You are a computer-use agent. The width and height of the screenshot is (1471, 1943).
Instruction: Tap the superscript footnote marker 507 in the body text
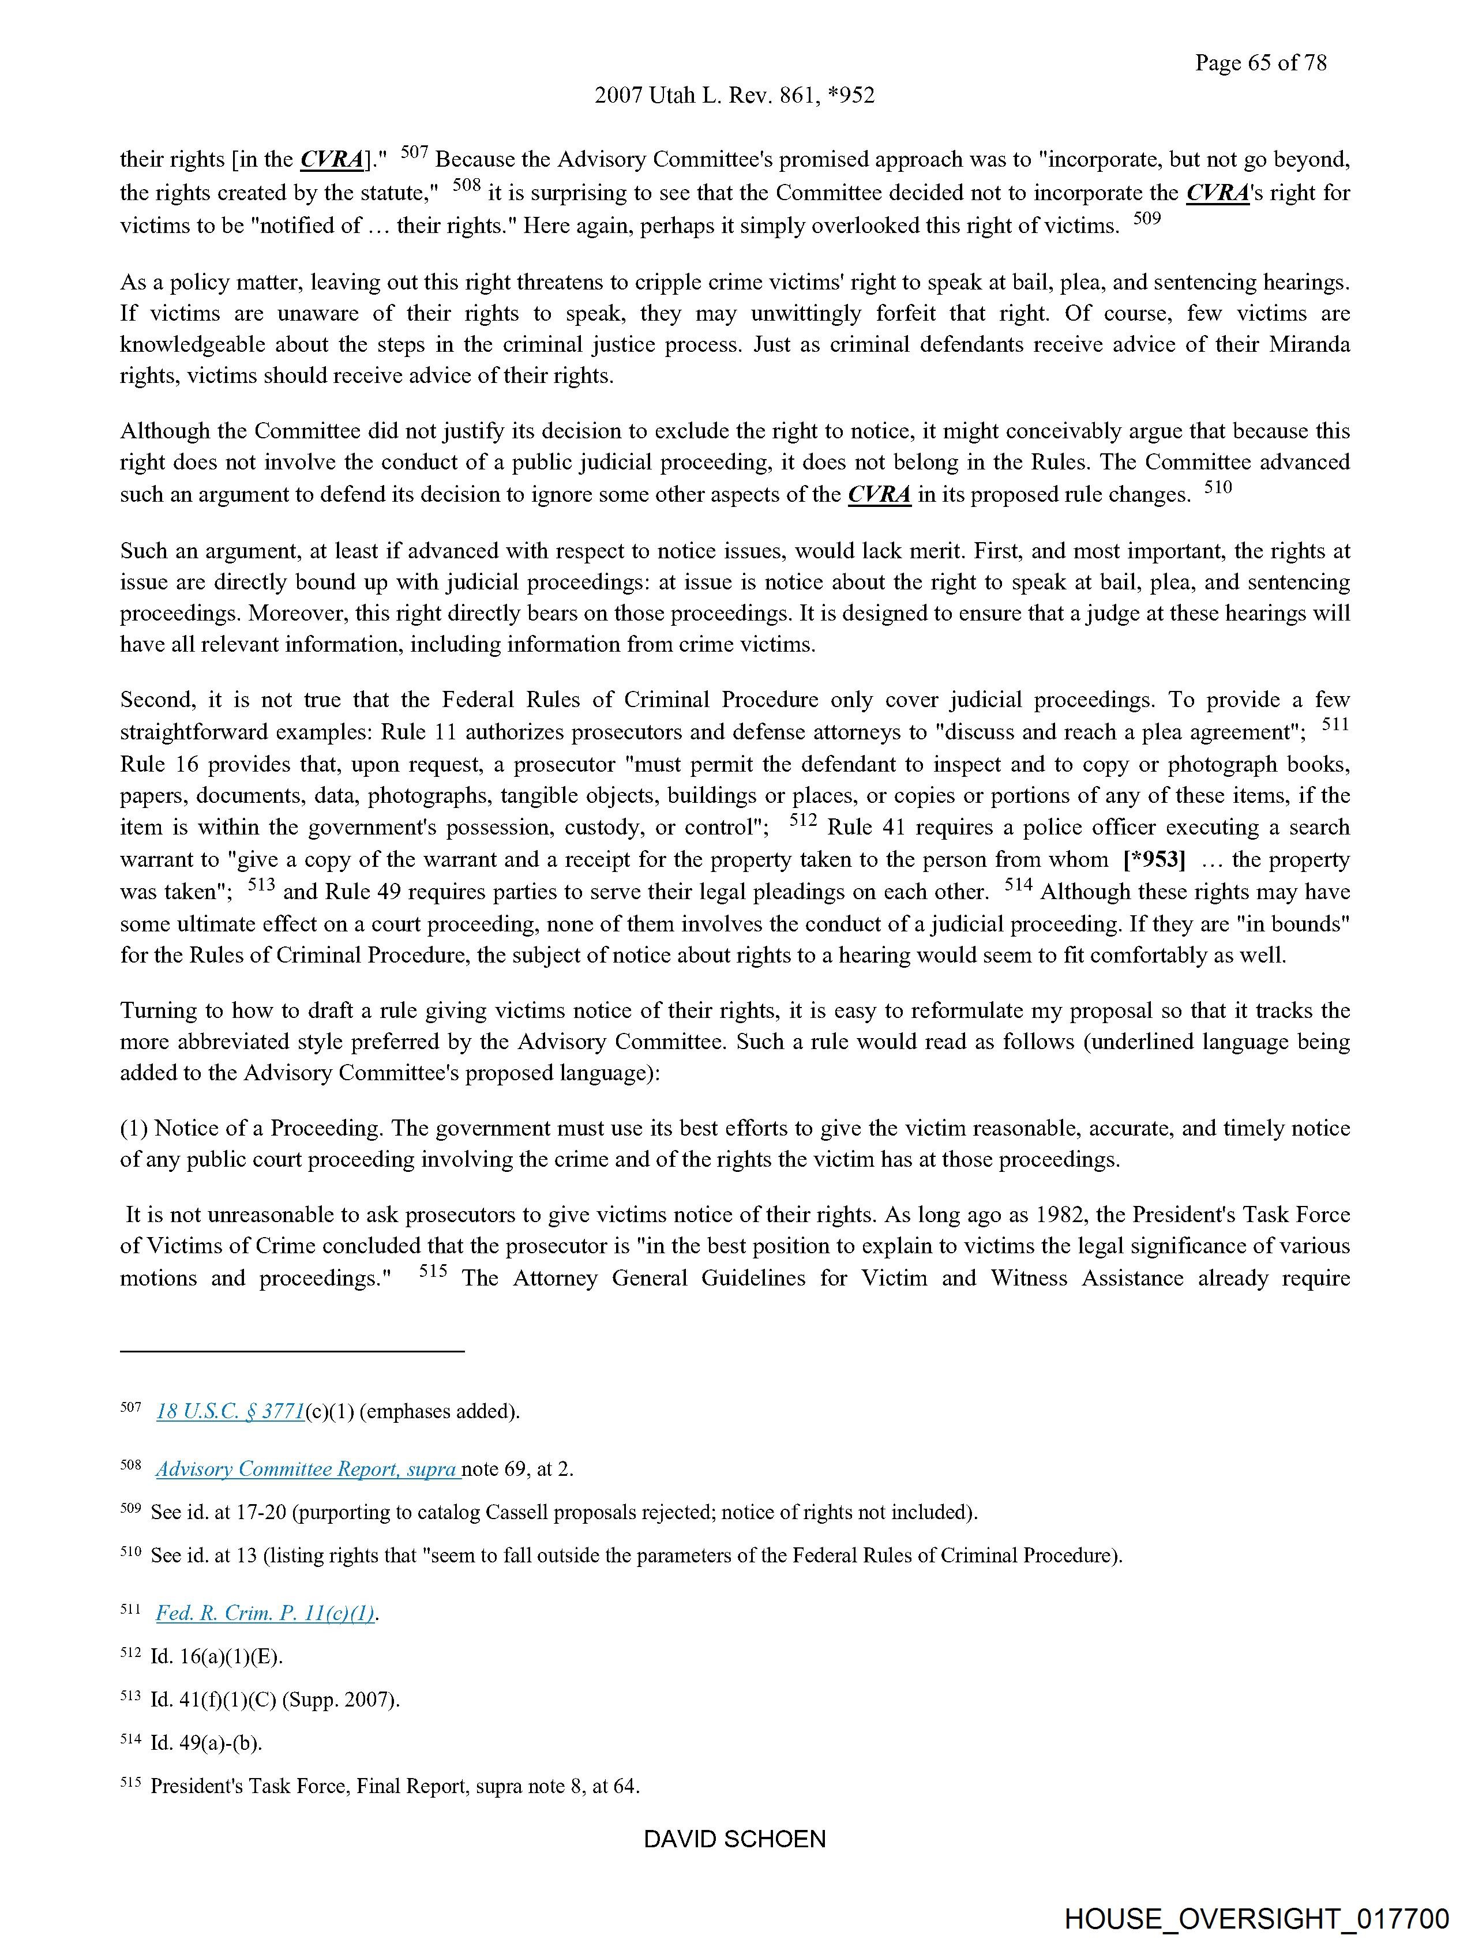(x=414, y=152)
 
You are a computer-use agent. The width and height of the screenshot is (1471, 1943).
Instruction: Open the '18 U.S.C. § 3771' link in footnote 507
(x=230, y=1412)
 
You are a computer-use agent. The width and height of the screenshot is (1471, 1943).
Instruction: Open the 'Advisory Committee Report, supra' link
(x=307, y=1469)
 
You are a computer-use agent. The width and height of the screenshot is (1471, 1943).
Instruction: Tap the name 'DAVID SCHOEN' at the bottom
(x=734, y=1839)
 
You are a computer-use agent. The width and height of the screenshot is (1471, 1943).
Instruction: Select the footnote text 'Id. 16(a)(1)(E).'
(x=216, y=1656)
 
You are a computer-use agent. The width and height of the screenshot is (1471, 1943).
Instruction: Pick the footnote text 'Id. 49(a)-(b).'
(x=207, y=1743)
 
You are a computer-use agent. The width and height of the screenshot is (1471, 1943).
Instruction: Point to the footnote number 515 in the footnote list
(x=130, y=1784)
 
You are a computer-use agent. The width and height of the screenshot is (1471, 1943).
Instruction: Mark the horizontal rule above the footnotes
(x=292, y=1351)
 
